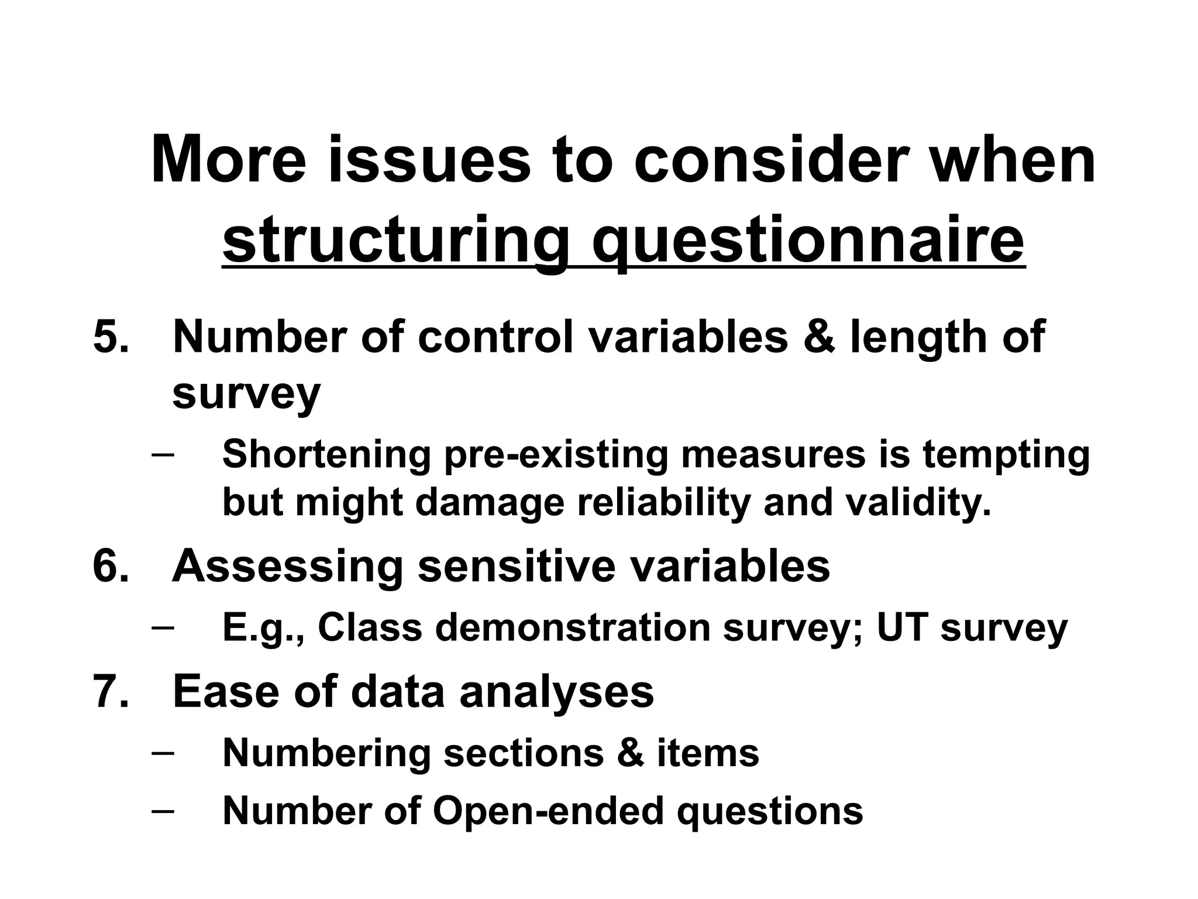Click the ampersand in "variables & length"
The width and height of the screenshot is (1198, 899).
click(x=819, y=338)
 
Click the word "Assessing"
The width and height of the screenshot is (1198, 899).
click(x=287, y=566)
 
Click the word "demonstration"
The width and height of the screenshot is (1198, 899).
click(x=573, y=627)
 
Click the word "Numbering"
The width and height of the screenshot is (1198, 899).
click(x=326, y=753)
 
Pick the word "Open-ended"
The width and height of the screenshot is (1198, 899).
click(x=548, y=811)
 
